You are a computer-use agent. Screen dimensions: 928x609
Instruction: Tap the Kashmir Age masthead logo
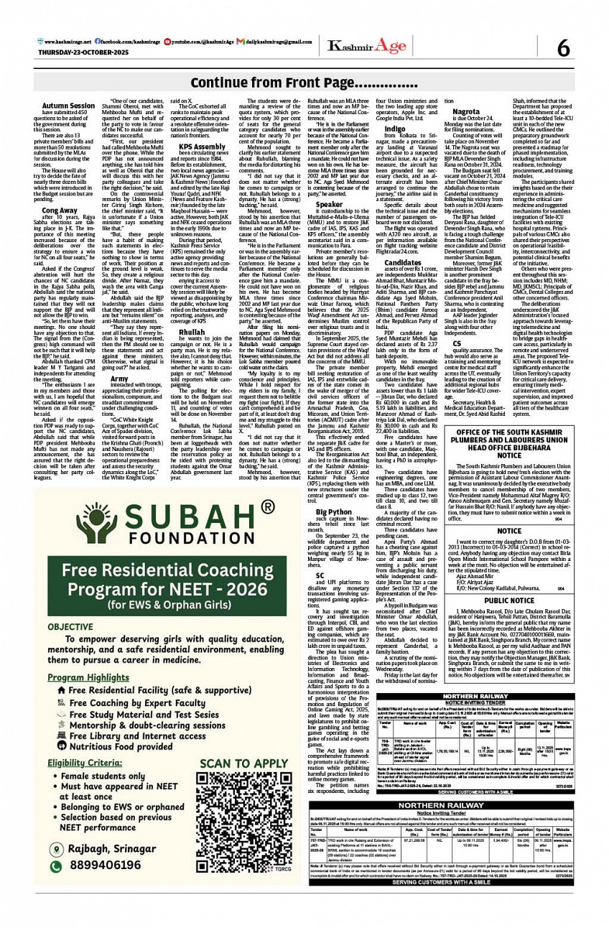click(x=366, y=47)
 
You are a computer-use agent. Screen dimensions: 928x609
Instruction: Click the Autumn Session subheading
click(x=68, y=106)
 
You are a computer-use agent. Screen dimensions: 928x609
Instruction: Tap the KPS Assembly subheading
click(x=203, y=147)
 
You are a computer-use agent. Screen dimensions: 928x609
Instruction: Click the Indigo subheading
click(x=394, y=129)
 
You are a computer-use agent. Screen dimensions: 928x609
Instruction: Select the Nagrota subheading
click(x=467, y=112)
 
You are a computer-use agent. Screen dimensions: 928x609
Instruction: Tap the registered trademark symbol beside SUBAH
click(x=267, y=468)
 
